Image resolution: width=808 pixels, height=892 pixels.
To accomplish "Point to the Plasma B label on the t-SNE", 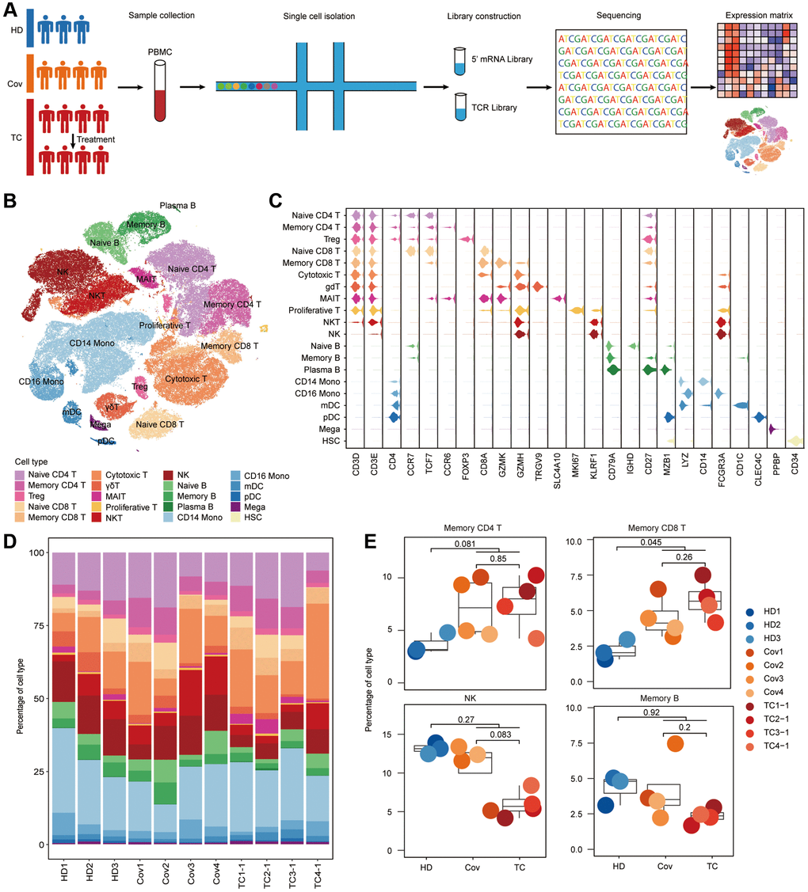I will tap(177, 205).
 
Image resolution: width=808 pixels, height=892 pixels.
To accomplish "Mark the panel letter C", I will tap(275, 200).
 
